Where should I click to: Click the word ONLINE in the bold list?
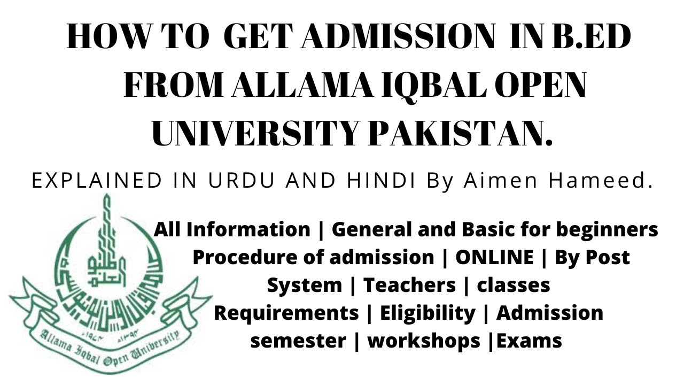[494, 257]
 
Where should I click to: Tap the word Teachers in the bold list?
[409, 285]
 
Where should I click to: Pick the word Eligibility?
[427, 313]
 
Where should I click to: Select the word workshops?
[424, 341]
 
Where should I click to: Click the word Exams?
[529, 341]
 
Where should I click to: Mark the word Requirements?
[286, 313]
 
